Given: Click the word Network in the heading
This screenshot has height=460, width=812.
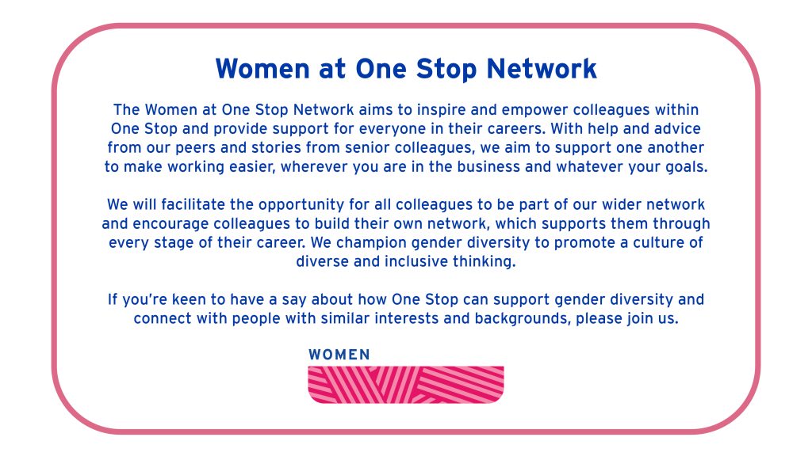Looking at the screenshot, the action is [x=542, y=69].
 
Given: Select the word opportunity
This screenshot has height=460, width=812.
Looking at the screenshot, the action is [x=301, y=206].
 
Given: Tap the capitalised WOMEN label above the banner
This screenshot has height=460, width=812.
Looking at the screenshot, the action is [x=339, y=355].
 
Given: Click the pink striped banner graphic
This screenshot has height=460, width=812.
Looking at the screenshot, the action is [x=406, y=385].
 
